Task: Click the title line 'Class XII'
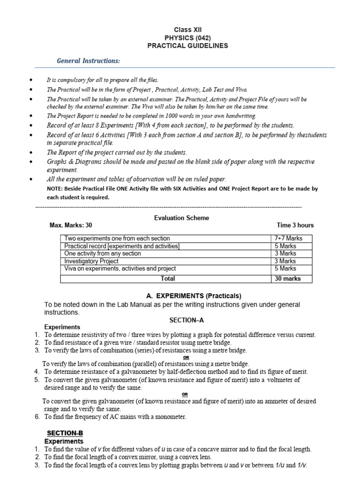tap(187, 30)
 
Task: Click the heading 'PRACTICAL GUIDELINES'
tap(187, 45)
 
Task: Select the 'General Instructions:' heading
tap(88, 61)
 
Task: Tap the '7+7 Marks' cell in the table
tap(288, 238)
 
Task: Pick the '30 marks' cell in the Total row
tap(287, 278)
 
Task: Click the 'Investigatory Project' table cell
tap(91, 261)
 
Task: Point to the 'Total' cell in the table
tap(167, 278)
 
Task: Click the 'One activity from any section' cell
tap(102, 254)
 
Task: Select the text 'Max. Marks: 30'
tap(71, 225)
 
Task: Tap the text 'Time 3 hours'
tap(295, 225)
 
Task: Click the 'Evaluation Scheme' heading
tap(181, 217)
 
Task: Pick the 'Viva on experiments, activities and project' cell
tap(120, 269)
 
